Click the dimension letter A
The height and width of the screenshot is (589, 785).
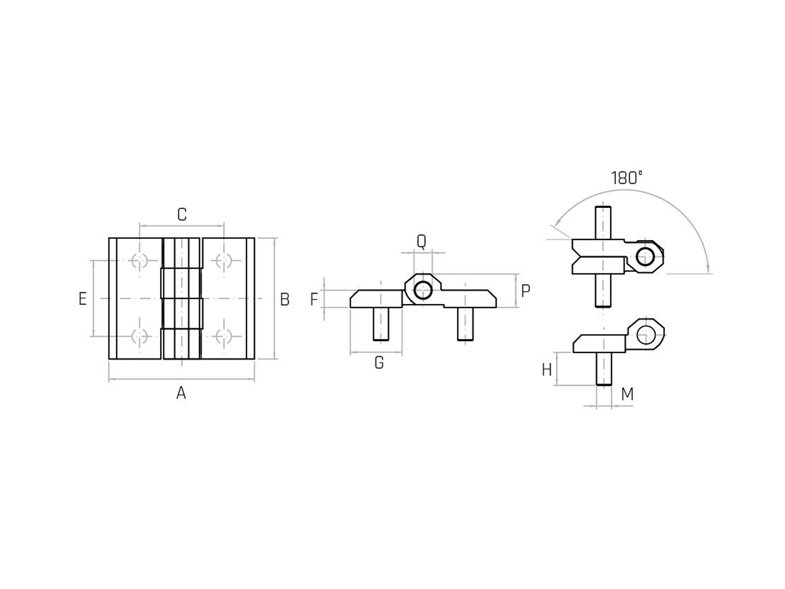coord(181,393)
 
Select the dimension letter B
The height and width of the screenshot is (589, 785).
coord(285,300)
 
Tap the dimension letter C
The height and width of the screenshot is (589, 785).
coord(182,215)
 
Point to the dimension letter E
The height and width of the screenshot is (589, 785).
coord(83,299)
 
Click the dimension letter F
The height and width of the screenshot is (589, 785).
coord(314,300)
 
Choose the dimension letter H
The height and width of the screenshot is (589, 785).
coord(547,370)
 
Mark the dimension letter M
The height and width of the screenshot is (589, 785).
coord(627,395)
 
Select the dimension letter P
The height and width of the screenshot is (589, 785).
coord(525,291)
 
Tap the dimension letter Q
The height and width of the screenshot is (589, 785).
coord(421,242)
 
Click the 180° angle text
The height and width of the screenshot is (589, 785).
coord(627,178)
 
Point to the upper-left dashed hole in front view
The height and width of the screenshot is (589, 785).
coord(139,261)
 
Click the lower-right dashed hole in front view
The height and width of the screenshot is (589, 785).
coord(224,336)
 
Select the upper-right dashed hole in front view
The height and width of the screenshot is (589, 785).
coord(224,261)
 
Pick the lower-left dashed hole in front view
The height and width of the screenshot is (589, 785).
coord(139,336)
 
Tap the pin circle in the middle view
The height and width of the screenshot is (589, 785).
coord(423,290)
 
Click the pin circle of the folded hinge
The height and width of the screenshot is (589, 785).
coord(645,256)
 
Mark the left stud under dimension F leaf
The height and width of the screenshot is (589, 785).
coord(381,324)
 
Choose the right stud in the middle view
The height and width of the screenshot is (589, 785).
coord(465,324)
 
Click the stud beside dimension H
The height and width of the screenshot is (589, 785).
coord(604,369)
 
